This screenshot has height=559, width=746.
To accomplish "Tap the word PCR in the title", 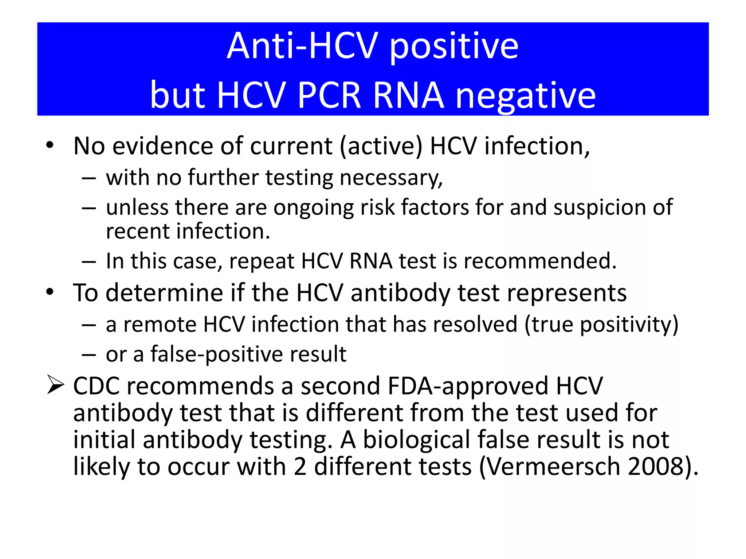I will (329, 95).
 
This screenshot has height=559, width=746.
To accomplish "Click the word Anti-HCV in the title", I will (302, 46).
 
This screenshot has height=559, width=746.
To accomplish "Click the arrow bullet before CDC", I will (56, 386).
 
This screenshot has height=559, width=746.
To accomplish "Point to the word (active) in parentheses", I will (381, 146).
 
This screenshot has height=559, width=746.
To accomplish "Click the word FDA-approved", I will (468, 386).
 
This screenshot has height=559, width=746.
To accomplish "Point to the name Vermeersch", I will (553, 467).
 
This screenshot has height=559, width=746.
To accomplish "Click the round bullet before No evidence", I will (50, 146).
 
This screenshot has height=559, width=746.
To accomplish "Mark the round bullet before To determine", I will (50, 292).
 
